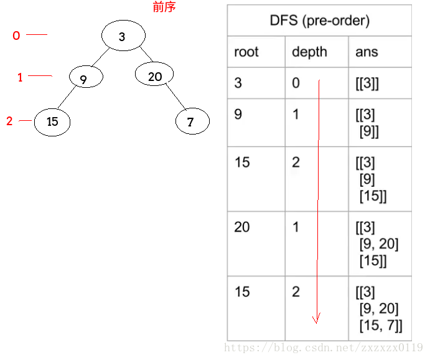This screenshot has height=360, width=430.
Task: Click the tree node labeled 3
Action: [x=121, y=36]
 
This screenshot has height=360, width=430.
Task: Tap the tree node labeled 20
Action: [x=155, y=77]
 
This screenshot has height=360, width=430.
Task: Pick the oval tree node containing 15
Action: [x=52, y=121]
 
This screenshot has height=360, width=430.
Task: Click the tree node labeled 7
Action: [x=190, y=122]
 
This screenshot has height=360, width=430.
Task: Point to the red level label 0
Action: [x=16, y=36]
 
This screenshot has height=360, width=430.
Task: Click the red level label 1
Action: [x=20, y=78]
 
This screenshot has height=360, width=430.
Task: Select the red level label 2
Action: [x=9, y=121]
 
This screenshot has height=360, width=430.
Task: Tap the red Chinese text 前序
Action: [x=164, y=7]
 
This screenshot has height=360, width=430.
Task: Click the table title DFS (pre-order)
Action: [x=319, y=21]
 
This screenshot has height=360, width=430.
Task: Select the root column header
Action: [x=246, y=52]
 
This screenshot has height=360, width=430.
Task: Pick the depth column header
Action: [x=309, y=52]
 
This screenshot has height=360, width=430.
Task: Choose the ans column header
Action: [x=367, y=52]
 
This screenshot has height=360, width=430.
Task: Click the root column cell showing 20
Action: [x=242, y=227]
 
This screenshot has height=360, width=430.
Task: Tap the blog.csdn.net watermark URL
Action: [x=324, y=347]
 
